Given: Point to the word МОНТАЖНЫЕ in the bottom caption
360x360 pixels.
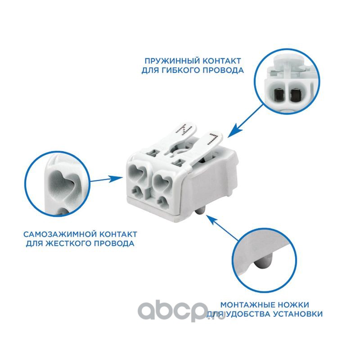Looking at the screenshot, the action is point(247,305).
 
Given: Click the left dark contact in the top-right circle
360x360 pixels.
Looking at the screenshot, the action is point(279,94).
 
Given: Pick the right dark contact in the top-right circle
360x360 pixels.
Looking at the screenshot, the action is point(295,95).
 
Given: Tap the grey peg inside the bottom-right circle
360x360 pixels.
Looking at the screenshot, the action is point(263,262).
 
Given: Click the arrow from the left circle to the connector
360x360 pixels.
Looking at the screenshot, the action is point(106,179).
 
